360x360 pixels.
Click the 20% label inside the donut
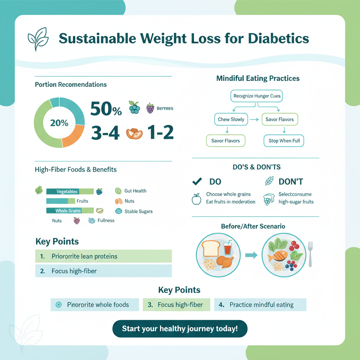coord(59,123)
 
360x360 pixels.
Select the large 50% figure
coord(106,109)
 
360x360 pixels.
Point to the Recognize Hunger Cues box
coord(257,96)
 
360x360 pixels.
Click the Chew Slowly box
coord(231,120)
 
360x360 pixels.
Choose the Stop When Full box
coord(284,141)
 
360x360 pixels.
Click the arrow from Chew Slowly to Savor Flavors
coord(254,120)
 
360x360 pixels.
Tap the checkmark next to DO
coord(197,181)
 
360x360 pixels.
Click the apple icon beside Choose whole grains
coord(197,199)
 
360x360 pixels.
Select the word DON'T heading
coord(291,182)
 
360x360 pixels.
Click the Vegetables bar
coord(70,192)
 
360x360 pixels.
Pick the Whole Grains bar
coord(70,211)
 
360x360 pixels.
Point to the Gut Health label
coord(135,191)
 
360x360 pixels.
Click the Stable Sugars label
coord(139,212)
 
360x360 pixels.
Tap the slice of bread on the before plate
coord(211,249)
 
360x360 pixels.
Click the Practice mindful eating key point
coord(261,305)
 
